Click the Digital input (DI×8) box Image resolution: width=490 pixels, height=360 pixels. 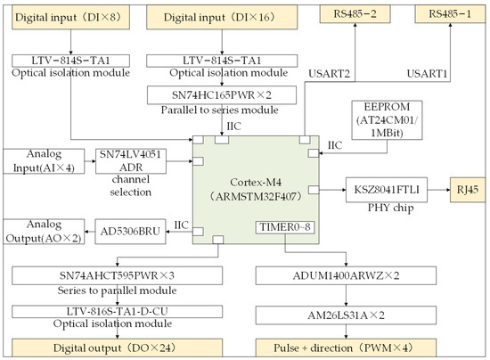click(63, 15)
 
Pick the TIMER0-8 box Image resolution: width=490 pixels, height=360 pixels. click(285, 232)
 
